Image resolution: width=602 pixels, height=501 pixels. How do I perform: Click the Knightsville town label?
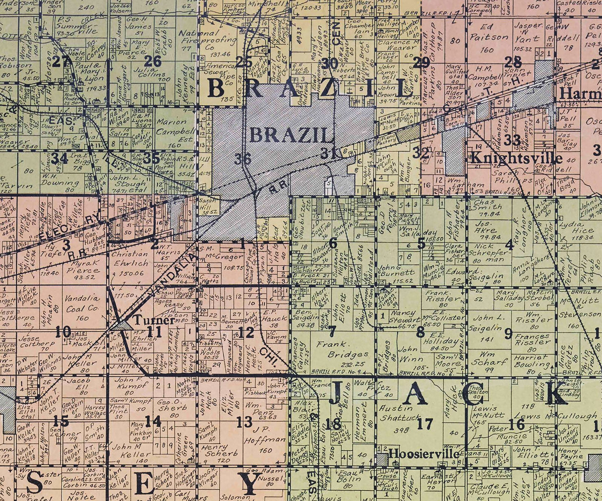[516, 158]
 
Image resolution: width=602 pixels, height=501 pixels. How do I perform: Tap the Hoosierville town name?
[417, 452]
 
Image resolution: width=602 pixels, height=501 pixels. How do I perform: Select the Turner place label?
[154, 320]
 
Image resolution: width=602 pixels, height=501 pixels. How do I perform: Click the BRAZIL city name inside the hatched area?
[290, 134]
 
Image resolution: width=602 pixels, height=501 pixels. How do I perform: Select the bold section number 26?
[152, 61]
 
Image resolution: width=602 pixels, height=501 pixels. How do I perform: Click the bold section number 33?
[512, 139]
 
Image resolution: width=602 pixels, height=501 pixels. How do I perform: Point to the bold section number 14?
[152, 422]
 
